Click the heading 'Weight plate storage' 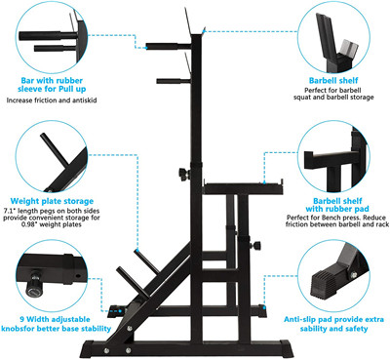point(52,201)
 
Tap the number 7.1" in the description point(10,211)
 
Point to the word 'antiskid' point(84,100)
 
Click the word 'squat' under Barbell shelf point(303,98)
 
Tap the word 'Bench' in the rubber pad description point(339,218)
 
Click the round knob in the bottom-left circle point(35,286)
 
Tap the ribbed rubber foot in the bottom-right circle point(326,285)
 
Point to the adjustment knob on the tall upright point(184,174)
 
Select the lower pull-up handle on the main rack point(174,81)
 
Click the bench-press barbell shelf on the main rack point(243,188)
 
